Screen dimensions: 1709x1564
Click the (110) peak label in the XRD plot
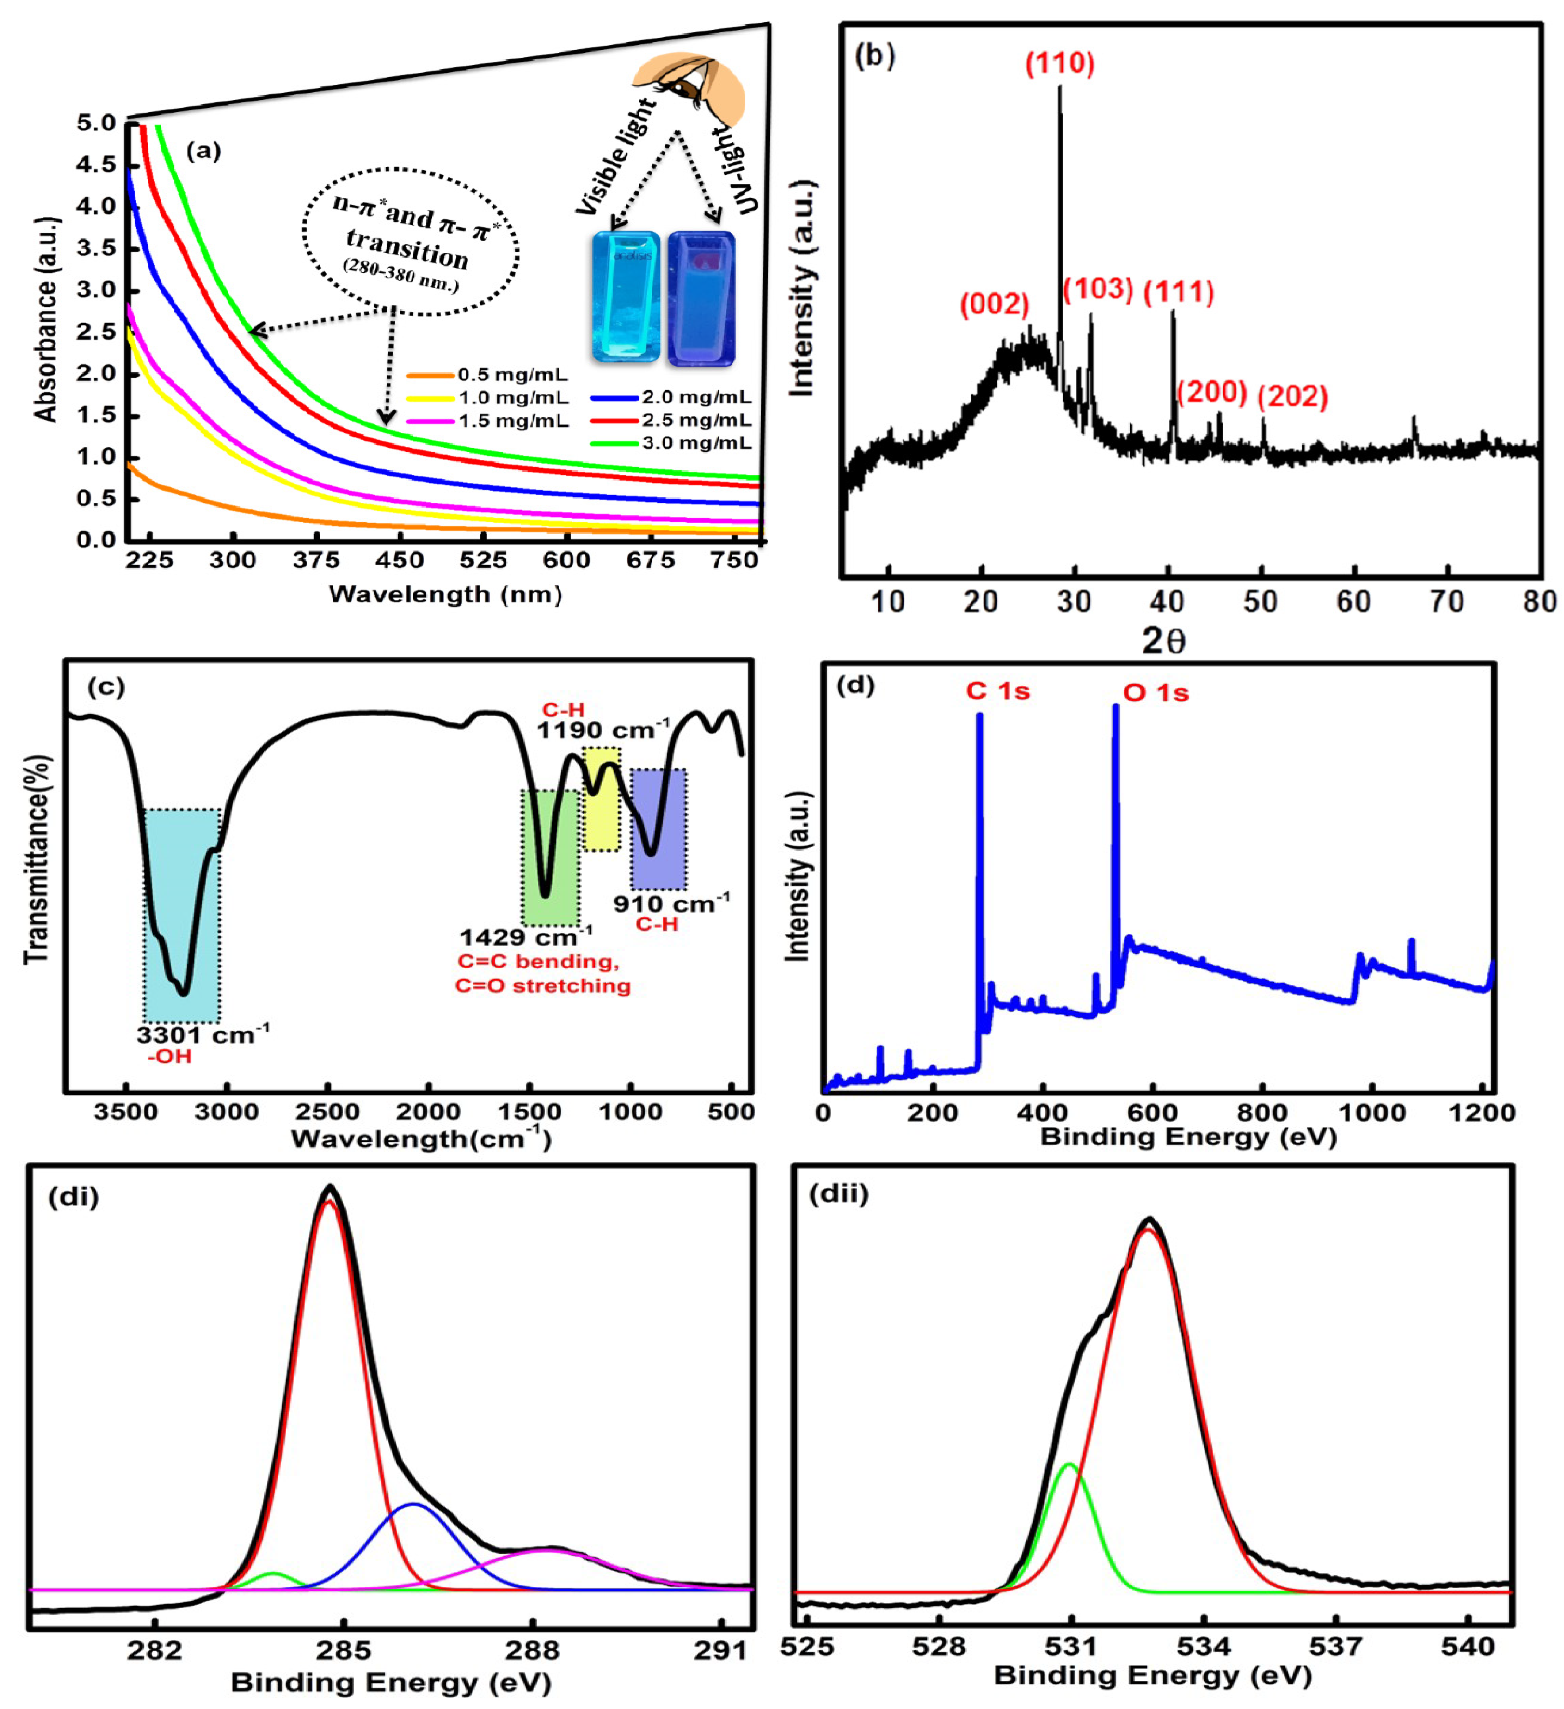click(1060, 64)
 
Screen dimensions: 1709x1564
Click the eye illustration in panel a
click(688, 85)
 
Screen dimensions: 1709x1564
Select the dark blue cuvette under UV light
click(701, 299)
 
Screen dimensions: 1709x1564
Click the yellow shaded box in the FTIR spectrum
click(601, 799)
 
